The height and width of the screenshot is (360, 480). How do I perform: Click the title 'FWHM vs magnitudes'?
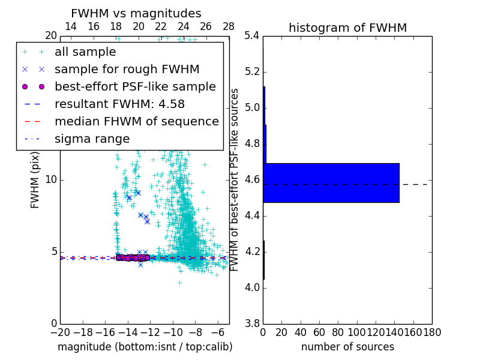pyautogui.click(x=136, y=13)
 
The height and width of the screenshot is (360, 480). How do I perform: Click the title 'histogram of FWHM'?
pyautogui.click(x=347, y=28)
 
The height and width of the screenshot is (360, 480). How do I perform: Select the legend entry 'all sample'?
pyautogui.click(x=85, y=52)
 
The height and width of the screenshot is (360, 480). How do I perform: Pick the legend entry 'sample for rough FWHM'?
pyautogui.click(x=127, y=69)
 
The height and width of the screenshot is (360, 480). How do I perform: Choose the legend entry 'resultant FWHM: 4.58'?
pyautogui.click(x=119, y=104)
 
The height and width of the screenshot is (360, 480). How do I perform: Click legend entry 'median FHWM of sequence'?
pyautogui.click(x=136, y=121)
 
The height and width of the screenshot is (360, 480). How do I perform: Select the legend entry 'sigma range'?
pyautogui.click(x=92, y=139)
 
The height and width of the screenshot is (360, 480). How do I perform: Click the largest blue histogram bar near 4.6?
pyautogui.click(x=331, y=182)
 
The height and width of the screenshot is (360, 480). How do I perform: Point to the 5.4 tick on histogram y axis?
pyautogui.click(x=253, y=36)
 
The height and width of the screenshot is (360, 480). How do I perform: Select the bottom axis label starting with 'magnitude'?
pyautogui.click(x=145, y=347)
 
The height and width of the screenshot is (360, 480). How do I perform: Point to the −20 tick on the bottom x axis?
pyautogui.click(x=60, y=332)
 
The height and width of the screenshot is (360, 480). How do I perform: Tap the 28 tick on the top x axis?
pyautogui.click(x=229, y=26)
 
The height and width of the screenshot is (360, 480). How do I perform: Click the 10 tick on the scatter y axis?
pyautogui.click(x=51, y=180)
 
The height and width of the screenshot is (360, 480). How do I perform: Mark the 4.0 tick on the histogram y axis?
pyautogui.click(x=253, y=287)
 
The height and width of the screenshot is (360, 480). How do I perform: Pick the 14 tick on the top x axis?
pyautogui.click(x=70, y=26)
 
